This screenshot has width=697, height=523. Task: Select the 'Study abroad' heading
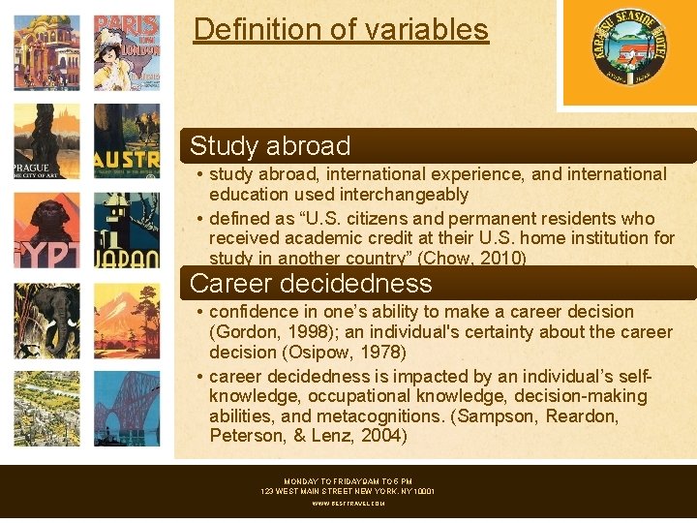[270, 146]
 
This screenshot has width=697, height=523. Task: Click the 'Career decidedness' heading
[311, 284]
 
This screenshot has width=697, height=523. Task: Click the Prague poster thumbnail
[46, 140]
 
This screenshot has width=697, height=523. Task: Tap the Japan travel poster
[127, 231]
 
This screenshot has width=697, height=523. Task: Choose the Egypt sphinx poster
[46, 231]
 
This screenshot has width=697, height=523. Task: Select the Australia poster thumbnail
[127, 140]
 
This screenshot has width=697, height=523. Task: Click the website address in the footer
[348, 504]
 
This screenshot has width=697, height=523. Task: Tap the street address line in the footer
[348, 492]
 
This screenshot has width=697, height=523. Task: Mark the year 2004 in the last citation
[383, 437]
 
